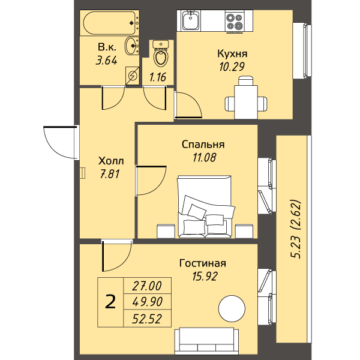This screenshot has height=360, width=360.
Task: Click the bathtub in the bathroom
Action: click(110, 23)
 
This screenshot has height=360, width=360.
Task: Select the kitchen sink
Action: click(191, 21)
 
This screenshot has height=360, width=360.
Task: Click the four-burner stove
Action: click(235, 22)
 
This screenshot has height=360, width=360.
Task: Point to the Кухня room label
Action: click(232, 54)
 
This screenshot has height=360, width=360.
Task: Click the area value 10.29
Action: click(232, 67)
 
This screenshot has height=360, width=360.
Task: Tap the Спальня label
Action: click(203, 145)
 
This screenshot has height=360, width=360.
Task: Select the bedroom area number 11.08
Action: click(205, 157)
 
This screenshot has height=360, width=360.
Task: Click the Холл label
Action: click(111, 161)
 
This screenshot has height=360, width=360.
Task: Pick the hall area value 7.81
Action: click(110, 174)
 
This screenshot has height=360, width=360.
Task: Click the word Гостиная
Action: click(203, 263)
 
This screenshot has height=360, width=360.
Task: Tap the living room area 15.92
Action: click(205, 276)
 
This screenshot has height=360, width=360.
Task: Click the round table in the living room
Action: click(232, 308)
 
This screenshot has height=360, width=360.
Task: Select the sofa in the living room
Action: click(206, 341)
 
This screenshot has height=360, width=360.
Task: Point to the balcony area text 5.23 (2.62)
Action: click(296, 230)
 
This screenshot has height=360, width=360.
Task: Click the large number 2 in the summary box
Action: click(110, 302)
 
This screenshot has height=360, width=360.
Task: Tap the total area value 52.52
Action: click(147, 319)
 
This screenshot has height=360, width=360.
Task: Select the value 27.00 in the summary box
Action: click(147, 286)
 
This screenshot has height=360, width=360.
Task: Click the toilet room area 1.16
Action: click(158, 77)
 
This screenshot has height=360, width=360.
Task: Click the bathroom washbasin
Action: click(132, 46)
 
